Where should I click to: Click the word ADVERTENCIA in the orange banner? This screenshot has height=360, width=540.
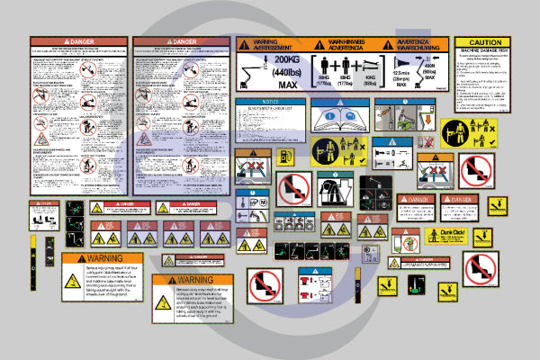346,48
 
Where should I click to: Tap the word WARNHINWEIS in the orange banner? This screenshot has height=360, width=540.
346,41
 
